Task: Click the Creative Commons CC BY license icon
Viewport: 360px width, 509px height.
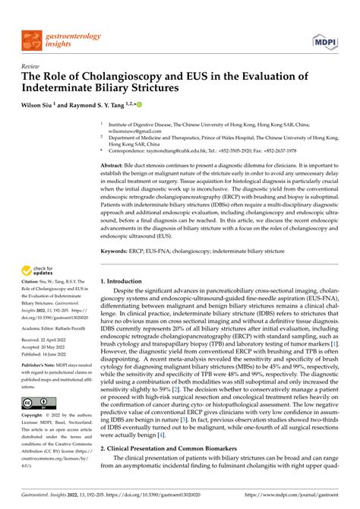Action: point(37,403)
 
